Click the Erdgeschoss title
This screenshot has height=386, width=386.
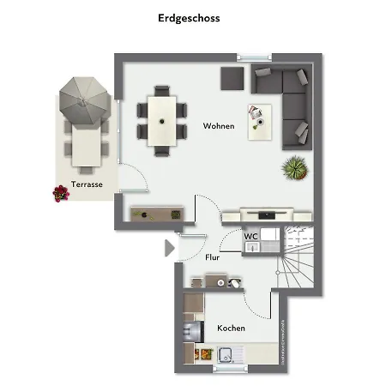[189, 17]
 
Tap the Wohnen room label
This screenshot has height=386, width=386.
[219, 126]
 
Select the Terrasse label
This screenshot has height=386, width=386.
[87, 184]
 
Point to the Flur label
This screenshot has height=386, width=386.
[214, 256]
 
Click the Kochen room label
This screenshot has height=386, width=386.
[231, 329]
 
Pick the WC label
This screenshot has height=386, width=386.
[251, 236]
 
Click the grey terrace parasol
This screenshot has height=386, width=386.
[84, 99]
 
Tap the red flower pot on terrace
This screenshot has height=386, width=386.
[60, 194]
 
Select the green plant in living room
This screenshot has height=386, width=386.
[295, 168]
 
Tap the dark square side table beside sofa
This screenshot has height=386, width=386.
[232, 77]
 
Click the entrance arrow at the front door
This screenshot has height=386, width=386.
[169, 248]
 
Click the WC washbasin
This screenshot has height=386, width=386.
[251, 248]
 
